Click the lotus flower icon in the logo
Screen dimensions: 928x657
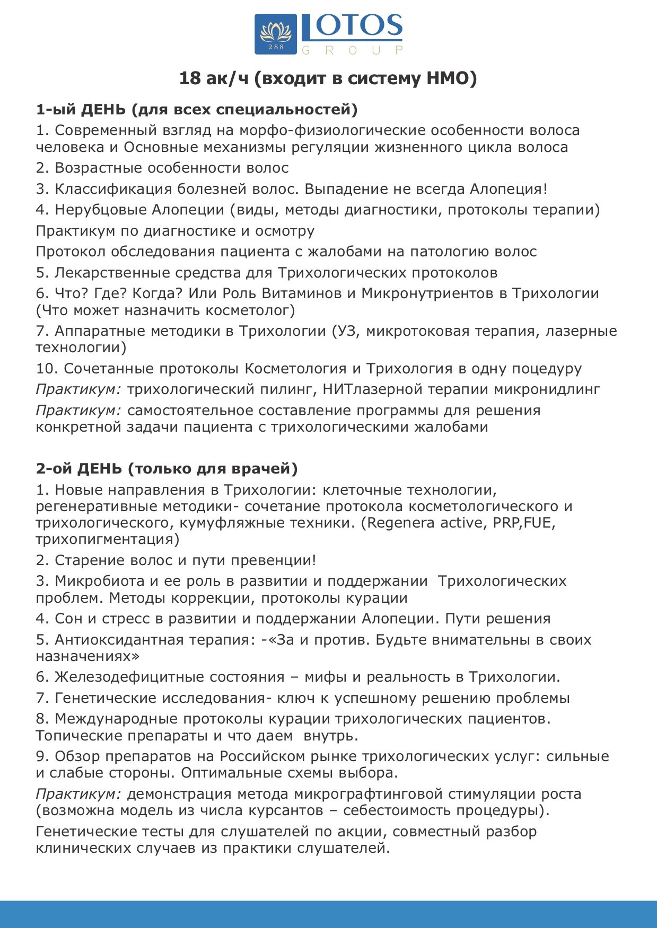276,32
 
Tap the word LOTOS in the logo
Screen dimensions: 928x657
352,26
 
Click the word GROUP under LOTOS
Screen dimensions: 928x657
352,50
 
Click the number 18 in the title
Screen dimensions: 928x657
190,78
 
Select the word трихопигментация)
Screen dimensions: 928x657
108,539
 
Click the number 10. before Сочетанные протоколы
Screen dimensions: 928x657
47,369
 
